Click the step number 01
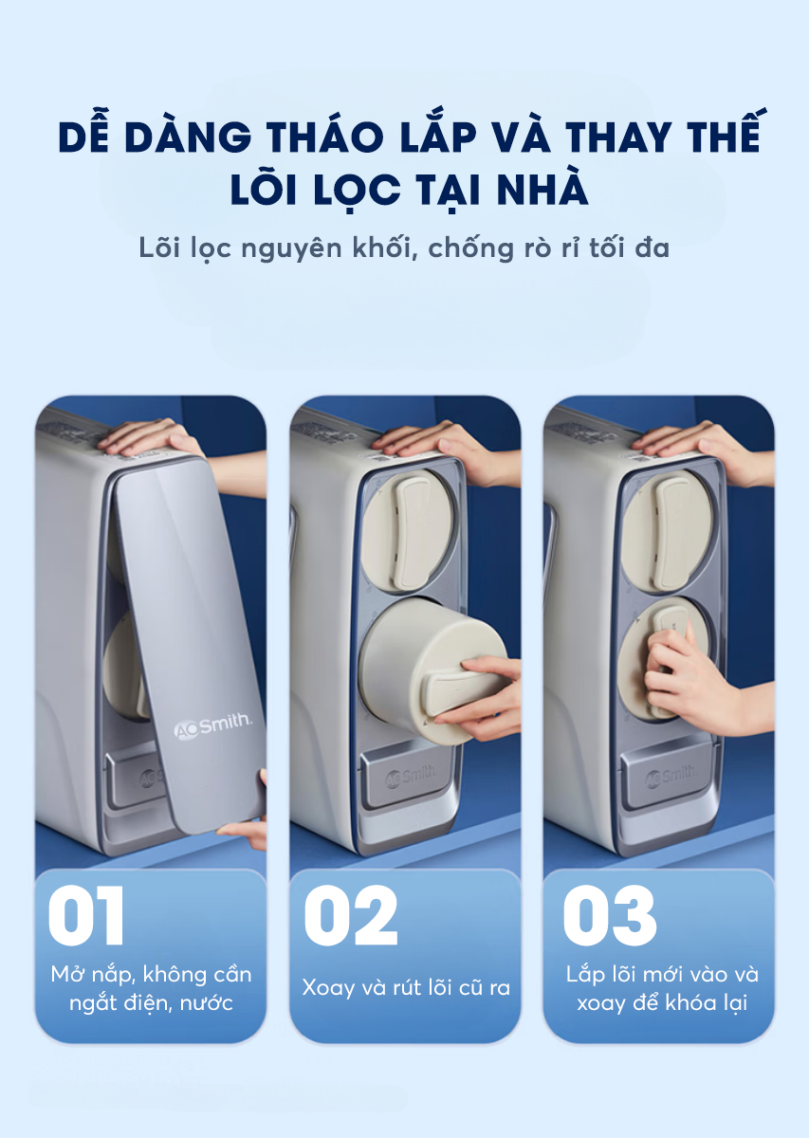[x=86, y=915]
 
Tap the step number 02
[x=350, y=915]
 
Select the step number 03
[x=609, y=915]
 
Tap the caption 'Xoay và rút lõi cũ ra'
[x=406, y=987]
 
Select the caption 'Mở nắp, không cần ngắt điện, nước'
[x=151, y=988]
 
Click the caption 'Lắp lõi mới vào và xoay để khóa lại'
[x=662, y=988]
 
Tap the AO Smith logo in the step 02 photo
[x=412, y=777]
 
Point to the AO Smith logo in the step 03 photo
[x=671, y=777]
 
